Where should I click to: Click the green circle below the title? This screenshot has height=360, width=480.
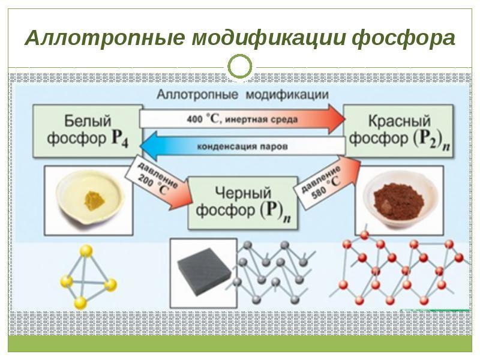click(240, 68)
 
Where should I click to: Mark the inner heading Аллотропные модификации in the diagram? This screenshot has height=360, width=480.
click(242, 95)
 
